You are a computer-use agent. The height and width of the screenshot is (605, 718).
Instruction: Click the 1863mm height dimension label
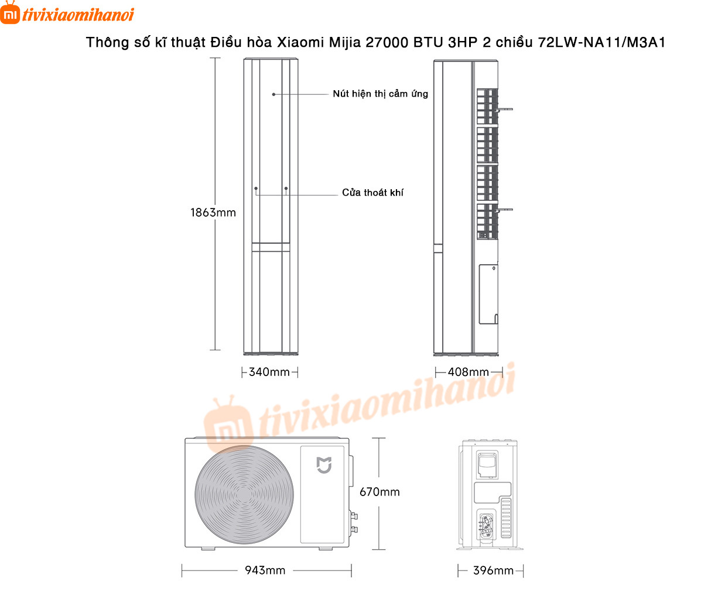click(x=213, y=213)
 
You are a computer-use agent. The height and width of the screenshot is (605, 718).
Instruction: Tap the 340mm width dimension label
click(x=269, y=372)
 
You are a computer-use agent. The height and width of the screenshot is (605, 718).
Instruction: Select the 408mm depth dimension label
click(x=468, y=372)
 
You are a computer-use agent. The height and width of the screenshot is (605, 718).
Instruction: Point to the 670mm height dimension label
click(x=379, y=492)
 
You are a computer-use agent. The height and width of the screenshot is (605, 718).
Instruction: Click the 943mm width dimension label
click(x=265, y=570)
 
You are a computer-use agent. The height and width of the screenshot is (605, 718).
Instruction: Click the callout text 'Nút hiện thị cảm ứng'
click(x=380, y=94)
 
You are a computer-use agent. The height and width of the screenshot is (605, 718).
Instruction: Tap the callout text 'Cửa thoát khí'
click(x=372, y=192)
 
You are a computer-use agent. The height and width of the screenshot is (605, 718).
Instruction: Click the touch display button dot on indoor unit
click(x=273, y=94)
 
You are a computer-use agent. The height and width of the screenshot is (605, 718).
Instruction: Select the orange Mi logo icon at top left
click(x=10, y=13)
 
